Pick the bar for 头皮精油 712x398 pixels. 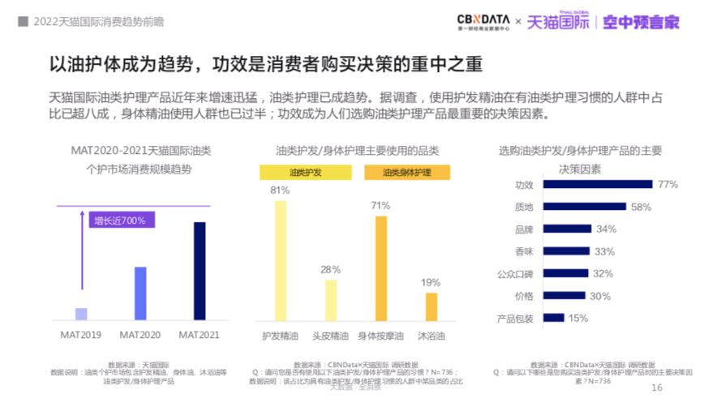pos(330,301)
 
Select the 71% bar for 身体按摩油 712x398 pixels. pos(380,268)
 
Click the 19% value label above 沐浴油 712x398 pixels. pos(431,283)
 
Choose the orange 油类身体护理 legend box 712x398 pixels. pos(406,173)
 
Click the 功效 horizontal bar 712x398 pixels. pos(598,185)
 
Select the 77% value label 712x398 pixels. pos(667,185)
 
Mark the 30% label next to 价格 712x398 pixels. pos(600,297)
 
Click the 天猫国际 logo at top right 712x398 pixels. pos(558,22)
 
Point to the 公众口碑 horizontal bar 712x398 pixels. pos(565,274)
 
